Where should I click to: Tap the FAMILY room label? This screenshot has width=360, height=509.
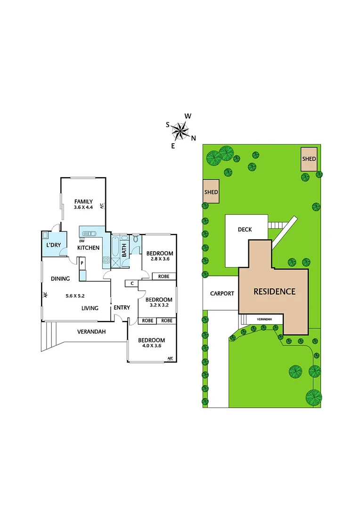point(83,201)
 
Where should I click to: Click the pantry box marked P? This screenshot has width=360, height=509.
point(82,263)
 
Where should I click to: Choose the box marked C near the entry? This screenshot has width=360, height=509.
point(131,283)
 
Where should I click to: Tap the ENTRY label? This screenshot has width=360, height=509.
point(122,308)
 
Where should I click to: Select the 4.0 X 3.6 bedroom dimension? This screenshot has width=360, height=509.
point(151,347)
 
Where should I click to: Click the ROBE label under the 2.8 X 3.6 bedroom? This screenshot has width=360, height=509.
point(164,277)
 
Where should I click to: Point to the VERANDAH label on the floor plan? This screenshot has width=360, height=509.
point(91,331)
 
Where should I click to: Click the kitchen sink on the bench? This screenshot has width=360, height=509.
point(89,232)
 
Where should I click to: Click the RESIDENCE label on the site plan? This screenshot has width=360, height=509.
point(274,291)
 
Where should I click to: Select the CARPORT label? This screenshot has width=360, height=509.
point(221,293)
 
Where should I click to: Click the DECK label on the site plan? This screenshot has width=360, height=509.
point(245,230)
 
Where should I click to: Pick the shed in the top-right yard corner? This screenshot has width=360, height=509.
point(309,159)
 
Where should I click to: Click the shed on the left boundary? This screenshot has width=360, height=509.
point(211,192)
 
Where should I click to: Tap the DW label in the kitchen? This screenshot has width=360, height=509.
point(82,241)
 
